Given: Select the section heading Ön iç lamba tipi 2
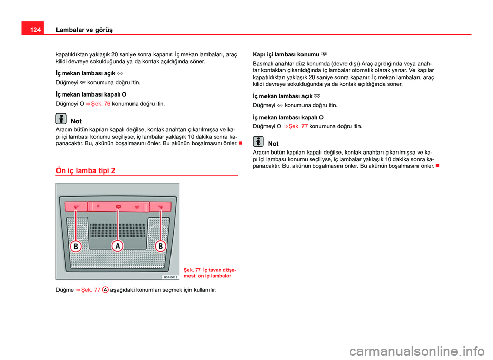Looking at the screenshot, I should (85, 170).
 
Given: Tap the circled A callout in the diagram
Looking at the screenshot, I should (118, 246).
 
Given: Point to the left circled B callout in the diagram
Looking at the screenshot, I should (75, 247).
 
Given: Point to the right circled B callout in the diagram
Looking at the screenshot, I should (160, 247).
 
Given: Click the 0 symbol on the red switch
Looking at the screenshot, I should (98, 206).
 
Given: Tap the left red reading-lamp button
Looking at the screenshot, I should (76, 207).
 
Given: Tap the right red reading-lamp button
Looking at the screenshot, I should (160, 207).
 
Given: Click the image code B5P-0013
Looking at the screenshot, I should (170, 277).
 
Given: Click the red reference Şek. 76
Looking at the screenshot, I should (100, 103).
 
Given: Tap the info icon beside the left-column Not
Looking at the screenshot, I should (61, 119).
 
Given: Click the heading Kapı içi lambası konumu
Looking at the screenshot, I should (287, 54).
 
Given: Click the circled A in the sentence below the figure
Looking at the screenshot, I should (105, 290).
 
